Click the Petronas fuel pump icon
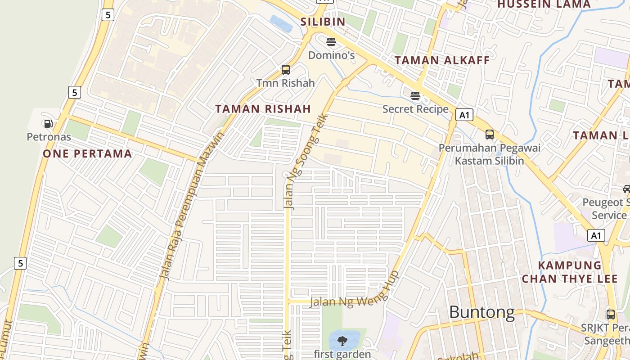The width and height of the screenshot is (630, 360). pos(48,124)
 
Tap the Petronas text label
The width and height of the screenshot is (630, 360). pos(49,136)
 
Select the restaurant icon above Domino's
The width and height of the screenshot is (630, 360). pos(331,42)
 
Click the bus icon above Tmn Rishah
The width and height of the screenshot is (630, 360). pos(285,70)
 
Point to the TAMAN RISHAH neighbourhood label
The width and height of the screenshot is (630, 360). pos(263,109)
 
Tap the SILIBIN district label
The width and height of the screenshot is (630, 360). pos(323,22)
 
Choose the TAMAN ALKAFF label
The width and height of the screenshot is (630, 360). pos(442,60)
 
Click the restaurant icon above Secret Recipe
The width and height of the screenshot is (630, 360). pos(415,96)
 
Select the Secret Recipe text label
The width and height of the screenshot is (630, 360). pos(415,109)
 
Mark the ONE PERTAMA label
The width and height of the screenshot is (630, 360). pos(87,154)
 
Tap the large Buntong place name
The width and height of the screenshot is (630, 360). pos(481,312)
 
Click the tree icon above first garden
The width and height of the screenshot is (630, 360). pos(342,341)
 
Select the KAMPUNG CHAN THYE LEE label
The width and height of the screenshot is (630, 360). pos(570,272)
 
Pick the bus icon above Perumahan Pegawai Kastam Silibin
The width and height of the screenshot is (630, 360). pos(489,135)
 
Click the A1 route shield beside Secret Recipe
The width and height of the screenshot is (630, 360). pos(464,115)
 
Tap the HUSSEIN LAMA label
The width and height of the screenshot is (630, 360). pos(544,4)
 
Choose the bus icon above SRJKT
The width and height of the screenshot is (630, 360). pos(611,315)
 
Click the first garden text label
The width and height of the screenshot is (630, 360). pos(342,354)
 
